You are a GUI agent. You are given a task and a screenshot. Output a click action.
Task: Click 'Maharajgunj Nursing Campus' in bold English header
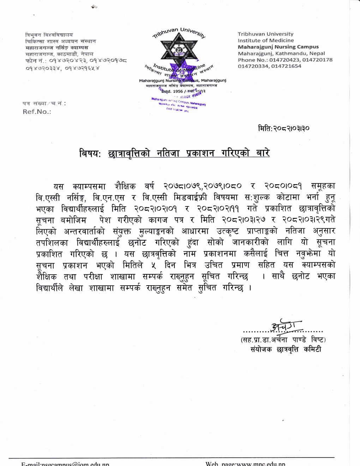278,47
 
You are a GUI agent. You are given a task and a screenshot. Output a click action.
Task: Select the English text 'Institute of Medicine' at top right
266,40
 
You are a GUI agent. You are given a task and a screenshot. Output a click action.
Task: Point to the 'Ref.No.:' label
37,112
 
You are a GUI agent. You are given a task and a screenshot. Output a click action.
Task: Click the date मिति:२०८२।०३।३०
284,129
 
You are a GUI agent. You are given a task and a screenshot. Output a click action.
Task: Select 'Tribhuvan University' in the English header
265,34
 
